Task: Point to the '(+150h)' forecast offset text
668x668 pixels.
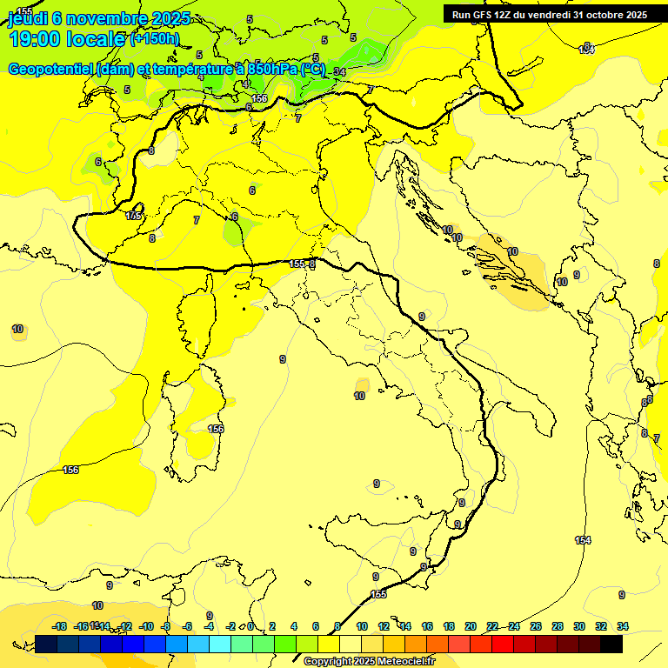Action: tap(154, 39)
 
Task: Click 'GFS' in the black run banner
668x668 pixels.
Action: tap(485, 15)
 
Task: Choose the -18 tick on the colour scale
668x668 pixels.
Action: tap(59, 626)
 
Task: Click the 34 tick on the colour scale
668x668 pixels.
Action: tap(623, 626)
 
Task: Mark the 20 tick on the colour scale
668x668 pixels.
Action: tap(471, 626)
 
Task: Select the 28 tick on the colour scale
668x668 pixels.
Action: tap(558, 626)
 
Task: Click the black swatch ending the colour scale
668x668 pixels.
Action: tap(611, 645)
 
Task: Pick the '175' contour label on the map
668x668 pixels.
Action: tap(134, 216)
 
